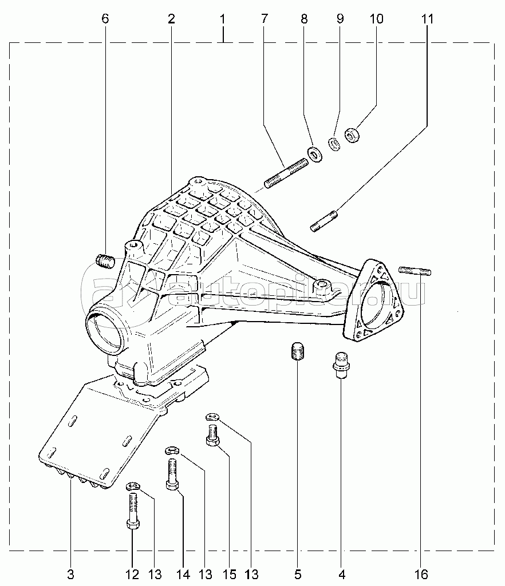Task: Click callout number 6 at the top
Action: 105,18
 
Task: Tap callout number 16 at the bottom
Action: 421,573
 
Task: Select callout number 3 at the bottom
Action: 71,573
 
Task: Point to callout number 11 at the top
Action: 428,18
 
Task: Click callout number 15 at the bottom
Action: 230,573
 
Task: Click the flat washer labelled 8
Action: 315,155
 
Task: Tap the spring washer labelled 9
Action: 334,144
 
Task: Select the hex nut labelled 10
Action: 352,135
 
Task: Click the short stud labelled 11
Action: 325,221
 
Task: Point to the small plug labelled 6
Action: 105,260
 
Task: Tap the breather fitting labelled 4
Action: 341,365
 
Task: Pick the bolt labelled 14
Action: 172,474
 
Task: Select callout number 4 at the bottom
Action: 342,573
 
